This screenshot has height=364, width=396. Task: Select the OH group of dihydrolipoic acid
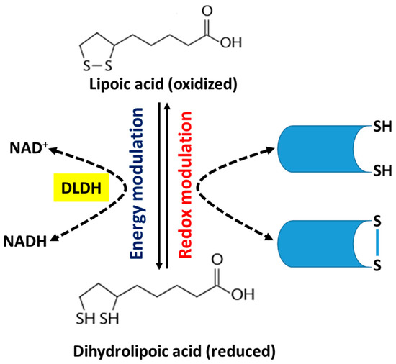(243, 295)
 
